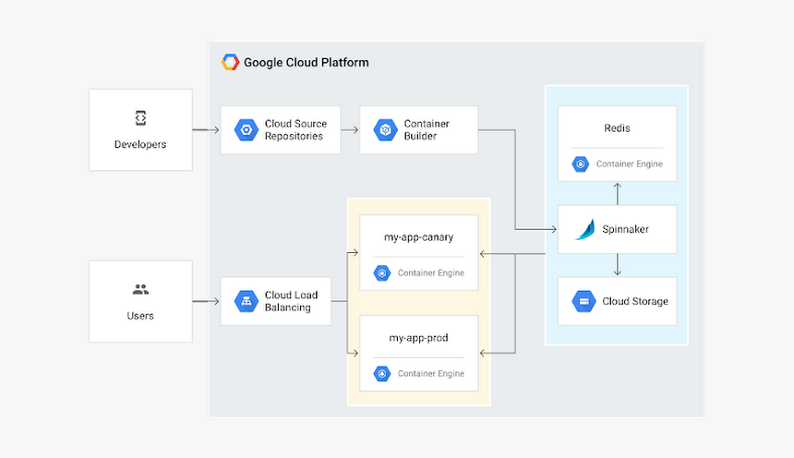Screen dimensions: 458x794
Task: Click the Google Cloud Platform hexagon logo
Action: click(x=230, y=63)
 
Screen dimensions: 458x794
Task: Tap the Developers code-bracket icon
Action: click(x=140, y=118)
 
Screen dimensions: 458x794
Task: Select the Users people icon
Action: click(x=140, y=289)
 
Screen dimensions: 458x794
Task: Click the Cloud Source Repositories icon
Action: click(x=245, y=130)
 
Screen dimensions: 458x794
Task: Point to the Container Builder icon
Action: click(x=384, y=130)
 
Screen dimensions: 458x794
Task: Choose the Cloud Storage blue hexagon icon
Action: click(x=583, y=301)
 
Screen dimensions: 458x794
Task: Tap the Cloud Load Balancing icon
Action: click(x=246, y=301)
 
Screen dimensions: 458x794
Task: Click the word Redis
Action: click(x=617, y=127)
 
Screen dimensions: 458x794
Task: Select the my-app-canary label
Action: click(x=418, y=237)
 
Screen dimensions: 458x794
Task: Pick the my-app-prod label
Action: click(x=418, y=338)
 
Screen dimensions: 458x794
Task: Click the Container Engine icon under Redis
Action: click(x=581, y=164)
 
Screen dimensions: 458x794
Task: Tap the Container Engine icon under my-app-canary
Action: click(x=382, y=273)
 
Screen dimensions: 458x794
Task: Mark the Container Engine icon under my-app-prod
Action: click(x=382, y=374)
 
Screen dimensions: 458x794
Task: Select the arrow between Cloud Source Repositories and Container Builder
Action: click(x=350, y=130)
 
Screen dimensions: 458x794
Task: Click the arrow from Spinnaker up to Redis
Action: click(x=617, y=192)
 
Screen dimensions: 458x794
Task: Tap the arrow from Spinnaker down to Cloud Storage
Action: click(x=617, y=265)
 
